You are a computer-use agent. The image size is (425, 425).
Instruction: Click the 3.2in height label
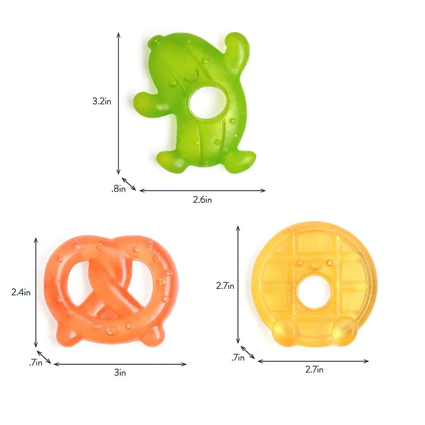(x=102, y=101)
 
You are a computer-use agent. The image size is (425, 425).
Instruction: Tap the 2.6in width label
(x=203, y=200)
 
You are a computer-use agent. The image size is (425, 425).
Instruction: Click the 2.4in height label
(x=21, y=292)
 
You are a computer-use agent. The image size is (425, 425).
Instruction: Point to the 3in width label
(x=120, y=373)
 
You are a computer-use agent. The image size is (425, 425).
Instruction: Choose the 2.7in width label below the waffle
(x=314, y=369)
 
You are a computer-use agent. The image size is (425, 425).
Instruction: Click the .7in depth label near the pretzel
(x=36, y=363)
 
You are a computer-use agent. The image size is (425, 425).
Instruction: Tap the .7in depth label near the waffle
(x=238, y=357)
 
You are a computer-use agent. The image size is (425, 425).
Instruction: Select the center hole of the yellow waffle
(x=314, y=291)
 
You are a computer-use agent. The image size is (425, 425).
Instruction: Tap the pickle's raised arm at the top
(x=236, y=46)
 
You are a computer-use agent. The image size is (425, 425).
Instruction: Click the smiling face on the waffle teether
(x=314, y=265)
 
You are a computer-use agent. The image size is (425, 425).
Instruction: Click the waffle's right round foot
(x=344, y=330)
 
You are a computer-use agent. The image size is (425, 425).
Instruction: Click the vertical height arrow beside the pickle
(x=118, y=104)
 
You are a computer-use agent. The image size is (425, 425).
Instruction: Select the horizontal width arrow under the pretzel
(x=120, y=364)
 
